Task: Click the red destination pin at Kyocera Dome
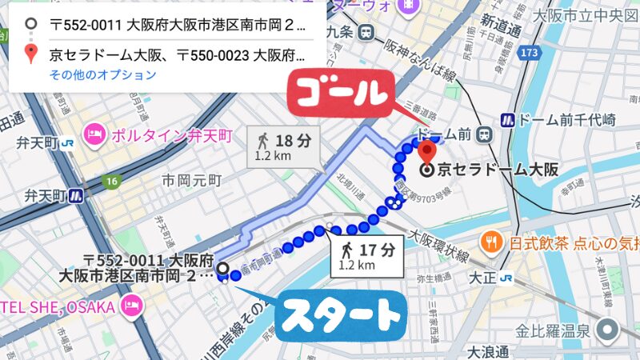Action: pos(427,150)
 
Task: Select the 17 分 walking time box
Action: pos(366,256)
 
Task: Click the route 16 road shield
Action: pos(111,182)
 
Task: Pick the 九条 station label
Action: pos(340,32)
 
